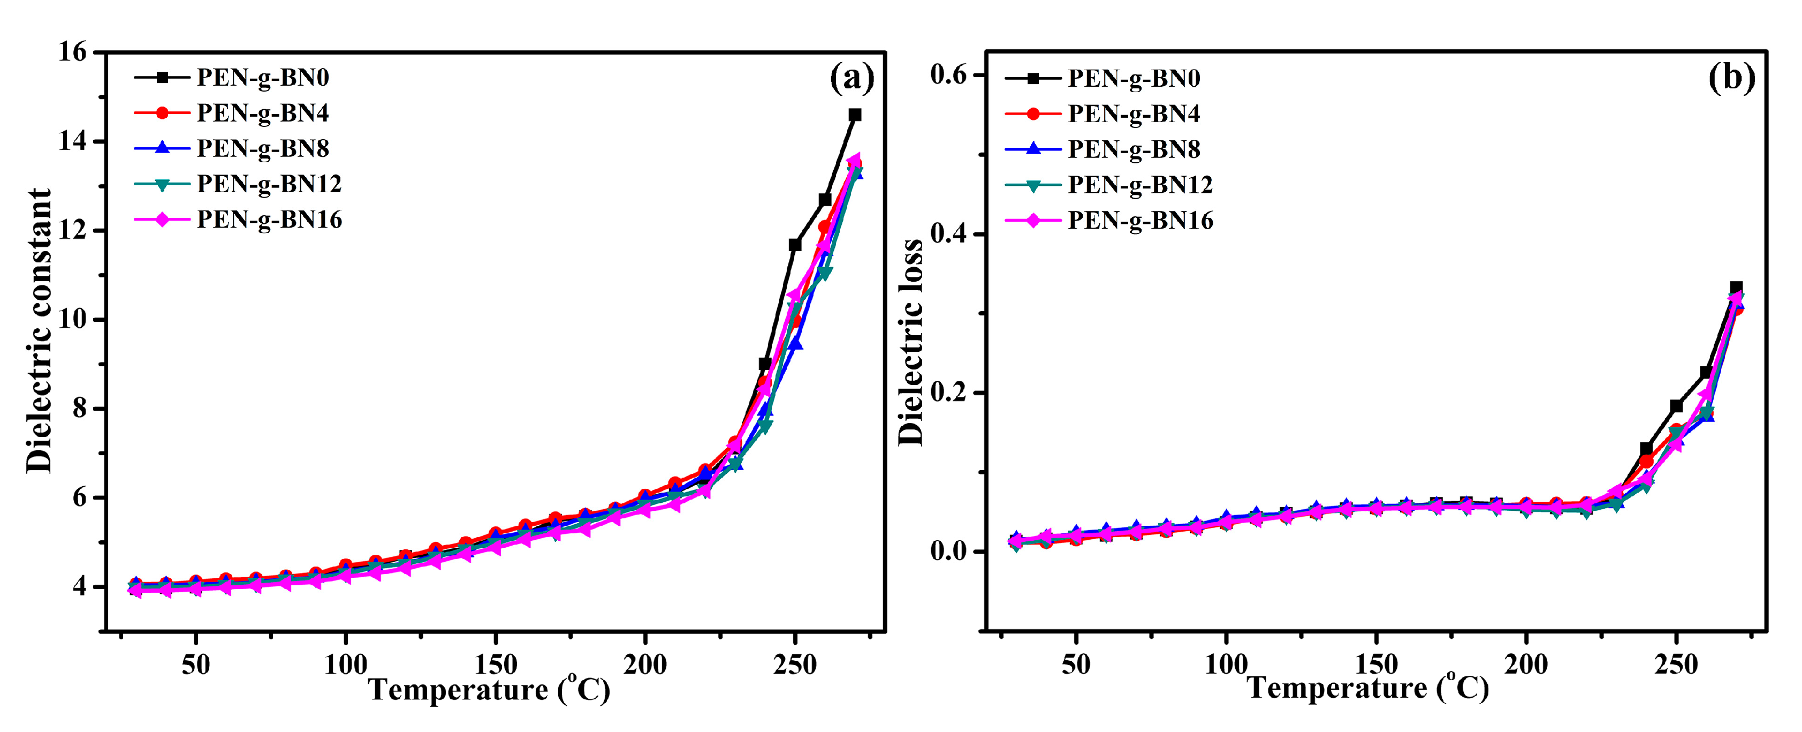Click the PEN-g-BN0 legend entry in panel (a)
coord(262,77)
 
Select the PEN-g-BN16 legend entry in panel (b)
coord(1140,221)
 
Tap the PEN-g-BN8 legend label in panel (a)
coord(262,148)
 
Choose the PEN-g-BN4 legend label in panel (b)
coord(1133,114)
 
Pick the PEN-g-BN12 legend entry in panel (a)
coord(269,184)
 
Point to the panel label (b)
coord(1731,77)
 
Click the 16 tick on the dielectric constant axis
coord(73,52)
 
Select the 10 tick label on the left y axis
coord(73,320)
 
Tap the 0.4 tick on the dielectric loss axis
coord(948,233)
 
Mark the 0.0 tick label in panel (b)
coord(948,552)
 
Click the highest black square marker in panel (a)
coord(855,115)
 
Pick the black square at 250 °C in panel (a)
coord(795,245)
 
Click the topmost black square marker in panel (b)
coord(1736,288)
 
